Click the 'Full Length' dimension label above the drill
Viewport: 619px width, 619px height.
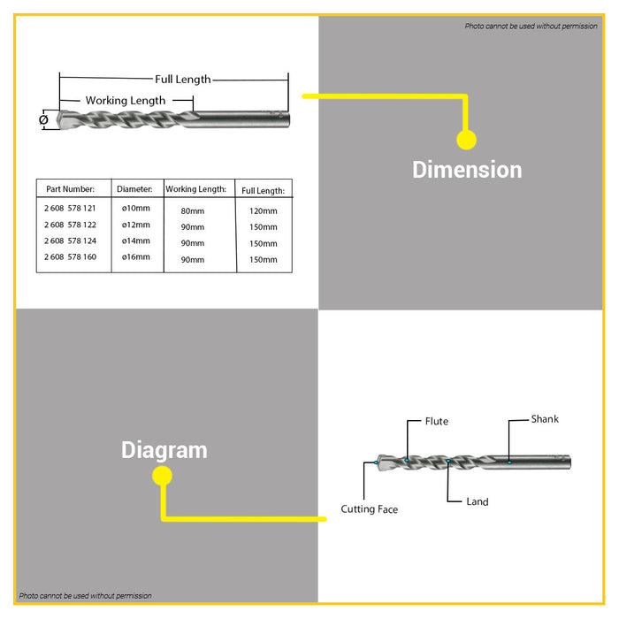click(183, 80)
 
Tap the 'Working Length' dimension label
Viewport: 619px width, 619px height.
click(126, 101)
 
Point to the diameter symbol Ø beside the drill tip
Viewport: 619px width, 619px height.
click(44, 119)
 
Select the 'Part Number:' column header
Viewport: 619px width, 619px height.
click(70, 189)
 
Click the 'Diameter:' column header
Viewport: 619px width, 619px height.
click(134, 189)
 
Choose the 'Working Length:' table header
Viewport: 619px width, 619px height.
click(195, 189)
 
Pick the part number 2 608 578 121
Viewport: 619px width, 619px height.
click(70, 208)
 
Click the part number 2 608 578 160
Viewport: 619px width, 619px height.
click(70, 257)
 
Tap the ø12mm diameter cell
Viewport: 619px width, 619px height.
click(136, 225)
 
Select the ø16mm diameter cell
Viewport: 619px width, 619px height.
click(136, 257)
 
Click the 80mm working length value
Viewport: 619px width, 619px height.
click(193, 211)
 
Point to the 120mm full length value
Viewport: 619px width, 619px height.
click(264, 211)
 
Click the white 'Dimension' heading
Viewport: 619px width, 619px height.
click(467, 170)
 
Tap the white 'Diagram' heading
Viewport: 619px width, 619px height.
click(164, 450)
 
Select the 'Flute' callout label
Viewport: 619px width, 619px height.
click(437, 421)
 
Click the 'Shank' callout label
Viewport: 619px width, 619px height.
click(545, 419)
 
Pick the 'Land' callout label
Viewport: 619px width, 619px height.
click(478, 501)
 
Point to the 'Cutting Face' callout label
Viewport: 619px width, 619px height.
click(369, 509)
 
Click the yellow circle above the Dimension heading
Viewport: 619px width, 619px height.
click(467, 140)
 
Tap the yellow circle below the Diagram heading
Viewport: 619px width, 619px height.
click(162, 476)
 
